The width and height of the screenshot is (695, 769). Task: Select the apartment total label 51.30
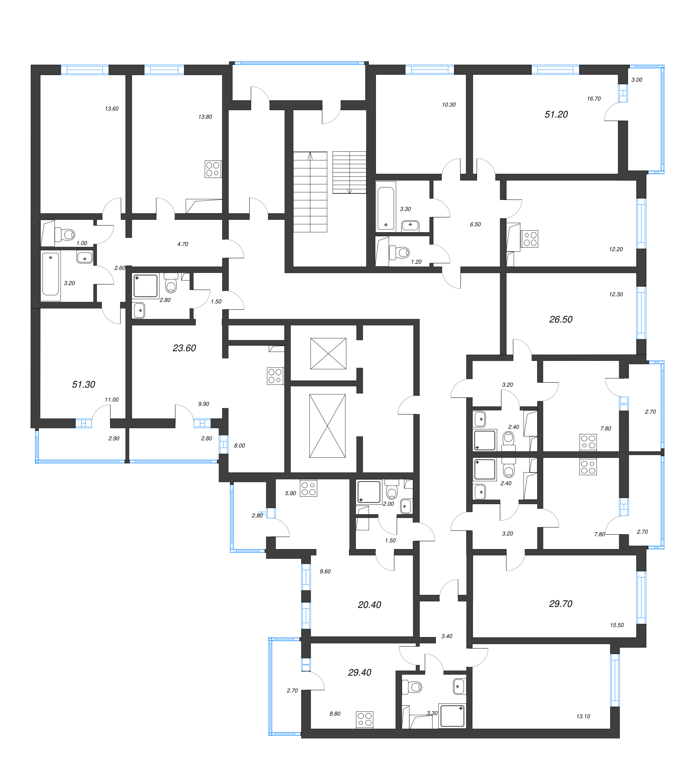[84, 384]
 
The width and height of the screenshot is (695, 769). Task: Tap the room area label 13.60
[112, 109]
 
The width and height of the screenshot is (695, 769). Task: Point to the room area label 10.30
[449, 105]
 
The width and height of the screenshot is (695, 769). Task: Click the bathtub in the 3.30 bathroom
[386, 208]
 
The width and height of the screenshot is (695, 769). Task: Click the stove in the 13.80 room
[213, 169]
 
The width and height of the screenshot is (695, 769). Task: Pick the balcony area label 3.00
[637, 80]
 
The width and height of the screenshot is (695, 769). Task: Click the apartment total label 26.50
[560, 320]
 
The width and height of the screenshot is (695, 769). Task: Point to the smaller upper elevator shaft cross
[328, 354]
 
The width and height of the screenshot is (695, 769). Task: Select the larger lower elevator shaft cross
[327, 426]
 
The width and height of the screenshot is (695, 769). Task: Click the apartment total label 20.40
[369, 605]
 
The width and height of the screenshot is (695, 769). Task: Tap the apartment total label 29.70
[560, 604]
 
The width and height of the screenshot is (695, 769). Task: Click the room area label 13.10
[583, 717]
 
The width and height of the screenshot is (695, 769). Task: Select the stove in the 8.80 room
[365, 720]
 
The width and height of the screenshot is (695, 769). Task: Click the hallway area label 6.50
[475, 225]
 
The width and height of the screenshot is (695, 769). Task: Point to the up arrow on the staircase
[310, 155]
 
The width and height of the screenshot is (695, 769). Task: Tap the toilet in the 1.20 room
[400, 252]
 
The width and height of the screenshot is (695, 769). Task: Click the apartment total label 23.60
[184, 348]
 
